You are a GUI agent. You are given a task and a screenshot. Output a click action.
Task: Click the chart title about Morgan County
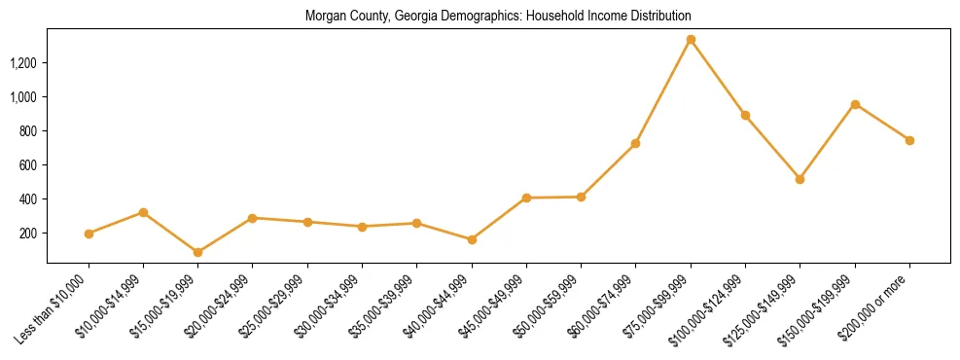(x=497, y=17)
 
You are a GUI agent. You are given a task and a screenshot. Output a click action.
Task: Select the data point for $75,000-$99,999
(x=691, y=40)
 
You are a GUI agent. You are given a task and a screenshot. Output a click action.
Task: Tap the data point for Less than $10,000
(x=89, y=234)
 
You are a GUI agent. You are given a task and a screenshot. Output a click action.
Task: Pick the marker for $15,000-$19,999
(x=197, y=252)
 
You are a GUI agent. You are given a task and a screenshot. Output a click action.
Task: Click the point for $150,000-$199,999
(x=855, y=104)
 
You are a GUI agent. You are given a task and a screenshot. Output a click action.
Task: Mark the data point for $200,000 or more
(x=909, y=140)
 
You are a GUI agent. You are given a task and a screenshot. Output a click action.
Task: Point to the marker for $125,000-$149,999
(x=800, y=179)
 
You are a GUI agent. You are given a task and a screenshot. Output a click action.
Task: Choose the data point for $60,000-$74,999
(x=635, y=143)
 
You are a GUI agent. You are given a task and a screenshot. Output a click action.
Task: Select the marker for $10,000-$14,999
(x=143, y=212)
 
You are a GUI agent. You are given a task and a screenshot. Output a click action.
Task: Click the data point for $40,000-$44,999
(x=472, y=239)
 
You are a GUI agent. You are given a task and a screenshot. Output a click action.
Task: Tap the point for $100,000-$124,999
(x=745, y=115)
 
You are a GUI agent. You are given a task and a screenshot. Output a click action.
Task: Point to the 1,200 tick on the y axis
(x=24, y=63)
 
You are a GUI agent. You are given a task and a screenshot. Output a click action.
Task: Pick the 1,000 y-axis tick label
(x=24, y=97)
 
